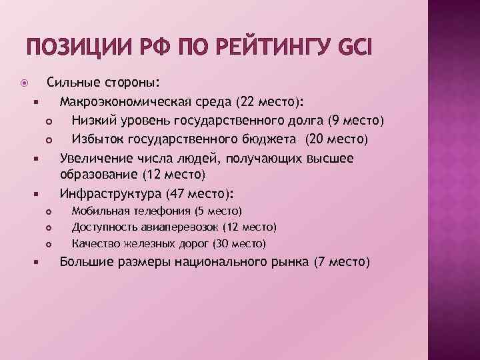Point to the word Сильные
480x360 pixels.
point(71,83)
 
